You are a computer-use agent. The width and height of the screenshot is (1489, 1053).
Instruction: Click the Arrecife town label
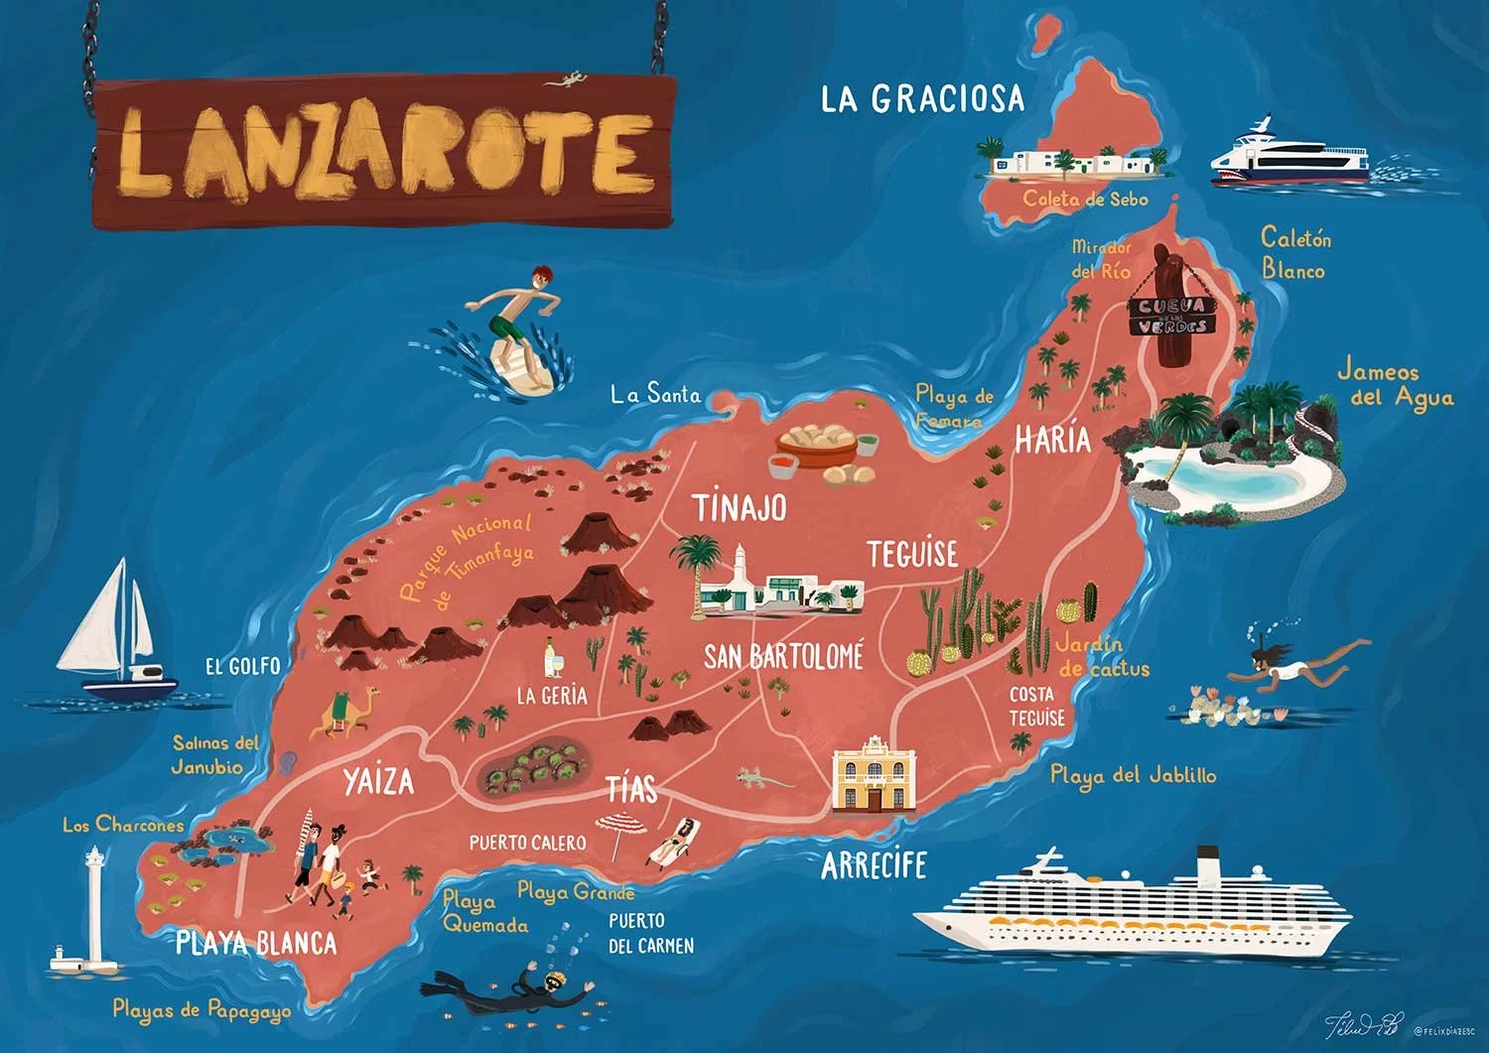[874, 865]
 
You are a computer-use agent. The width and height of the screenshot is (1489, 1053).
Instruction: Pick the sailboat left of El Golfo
[114, 635]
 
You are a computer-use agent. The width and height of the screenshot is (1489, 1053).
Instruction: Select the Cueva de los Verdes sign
[1172, 315]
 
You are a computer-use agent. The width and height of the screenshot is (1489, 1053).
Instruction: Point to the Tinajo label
[740, 507]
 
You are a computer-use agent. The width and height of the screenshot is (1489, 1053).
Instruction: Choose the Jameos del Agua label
[1394, 384]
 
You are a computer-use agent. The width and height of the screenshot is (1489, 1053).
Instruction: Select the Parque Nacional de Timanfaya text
[467, 561]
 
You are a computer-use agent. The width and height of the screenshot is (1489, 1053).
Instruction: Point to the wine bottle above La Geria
[549, 659]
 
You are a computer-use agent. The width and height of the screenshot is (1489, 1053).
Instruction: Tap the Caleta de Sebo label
[1085, 198]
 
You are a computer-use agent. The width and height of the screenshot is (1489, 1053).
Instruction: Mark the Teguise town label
[912, 554]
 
